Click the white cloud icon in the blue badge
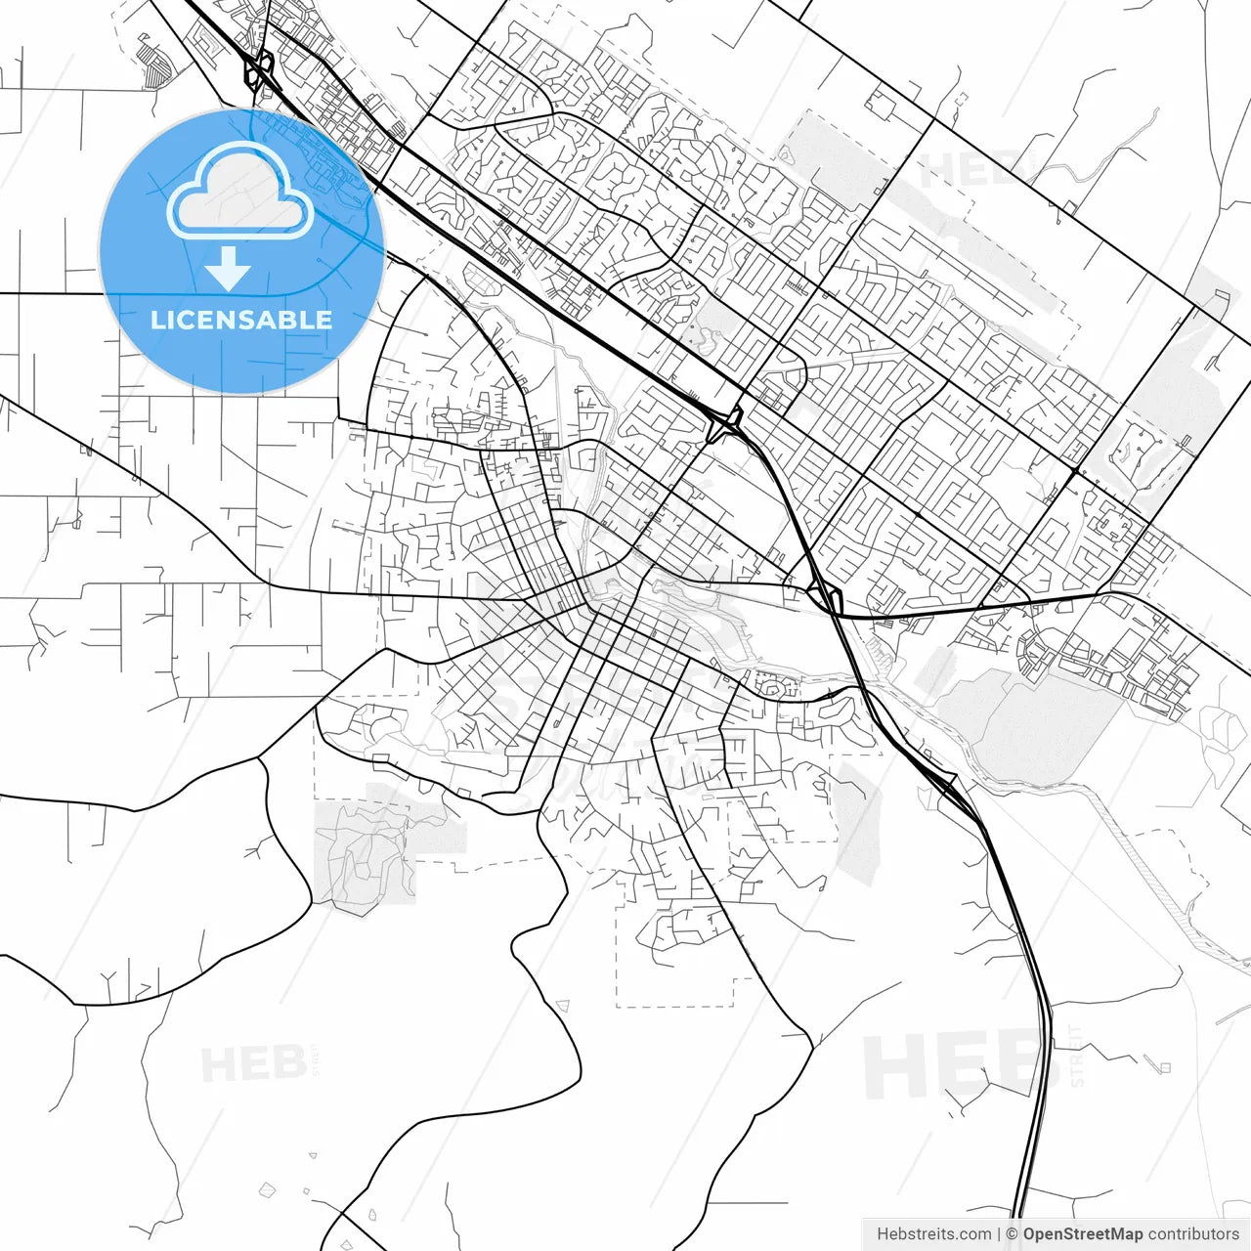(240, 191)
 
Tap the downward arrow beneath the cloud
(229, 269)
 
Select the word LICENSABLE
(241, 320)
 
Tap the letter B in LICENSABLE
(295, 320)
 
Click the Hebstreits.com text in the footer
(933, 1234)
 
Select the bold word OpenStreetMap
(1082, 1234)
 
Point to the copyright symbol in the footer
(1013, 1234)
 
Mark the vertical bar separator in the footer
(999, 1234)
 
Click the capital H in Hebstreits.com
(883, 1234)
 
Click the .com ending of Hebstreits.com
(972, 1234)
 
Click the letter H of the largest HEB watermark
(890, 1067)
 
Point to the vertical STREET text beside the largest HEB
(1077, 1056)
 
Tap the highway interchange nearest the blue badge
(260, 70)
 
